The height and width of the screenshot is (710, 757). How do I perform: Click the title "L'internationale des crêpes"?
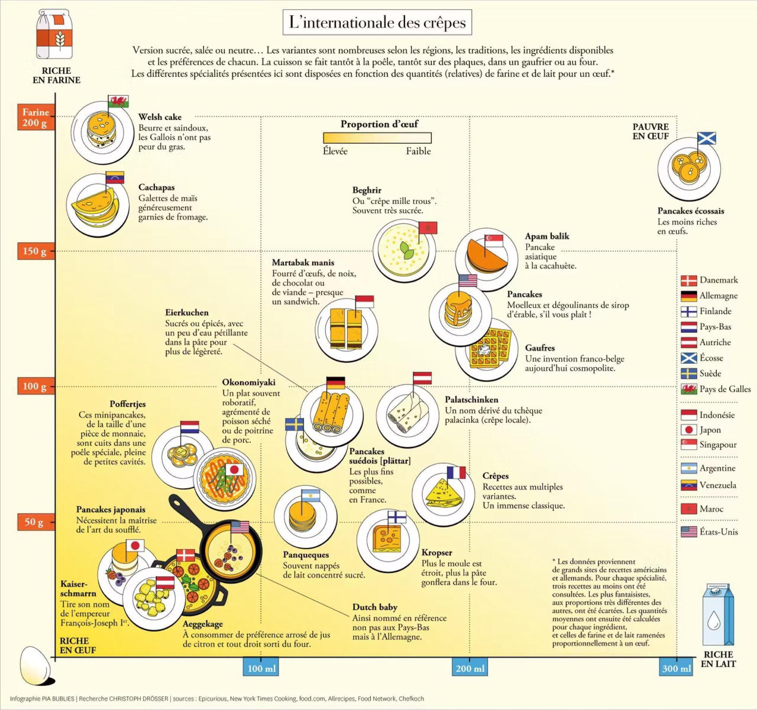click(377, 23)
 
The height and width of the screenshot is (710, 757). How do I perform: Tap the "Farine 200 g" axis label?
click(36, 117)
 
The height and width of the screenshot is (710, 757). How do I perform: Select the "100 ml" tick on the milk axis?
click(261, 668)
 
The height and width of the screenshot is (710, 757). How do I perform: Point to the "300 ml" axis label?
click(676, 668)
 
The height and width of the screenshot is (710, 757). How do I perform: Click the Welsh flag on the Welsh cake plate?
click(119, 102)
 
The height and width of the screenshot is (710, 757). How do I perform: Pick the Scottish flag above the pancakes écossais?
click(706, 138)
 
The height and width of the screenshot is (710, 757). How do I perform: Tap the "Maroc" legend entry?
click(711, 509)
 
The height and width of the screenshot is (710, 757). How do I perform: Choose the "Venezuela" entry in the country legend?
click(717, 485)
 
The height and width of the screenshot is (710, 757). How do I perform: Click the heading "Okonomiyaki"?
click(249, 382)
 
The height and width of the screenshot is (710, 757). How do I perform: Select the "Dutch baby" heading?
click(375, 607)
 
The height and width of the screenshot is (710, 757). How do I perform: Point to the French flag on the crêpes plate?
click(456, 472)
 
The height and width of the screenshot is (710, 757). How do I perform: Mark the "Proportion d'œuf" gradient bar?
click(377, 137)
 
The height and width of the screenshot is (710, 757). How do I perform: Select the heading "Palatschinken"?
click(471, 400)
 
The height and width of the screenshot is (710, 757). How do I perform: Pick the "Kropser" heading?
click(437, 553)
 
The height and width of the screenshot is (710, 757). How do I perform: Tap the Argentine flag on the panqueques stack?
click(311, 495)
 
